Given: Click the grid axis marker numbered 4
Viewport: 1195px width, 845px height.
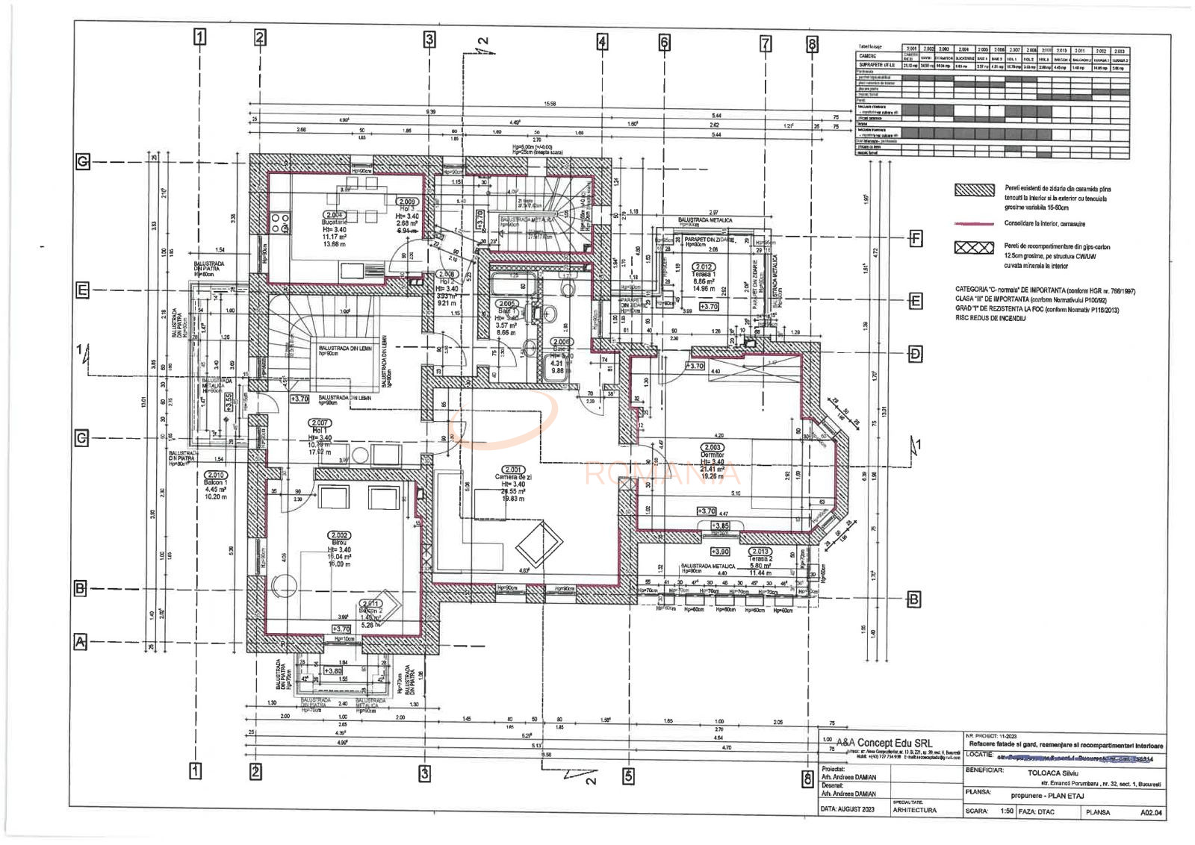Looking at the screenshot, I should click(x=602, y=42).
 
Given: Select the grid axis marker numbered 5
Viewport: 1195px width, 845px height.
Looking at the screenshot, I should click(x=628, y=776).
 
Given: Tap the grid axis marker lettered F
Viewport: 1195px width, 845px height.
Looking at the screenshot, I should click(x=916, y=239).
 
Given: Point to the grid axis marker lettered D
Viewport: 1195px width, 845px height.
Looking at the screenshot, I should click(x=916, y=354).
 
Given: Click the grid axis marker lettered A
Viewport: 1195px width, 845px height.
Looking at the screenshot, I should click(x=81, y=641).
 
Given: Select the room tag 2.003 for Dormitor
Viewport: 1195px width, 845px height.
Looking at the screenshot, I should click(x=712, y=447).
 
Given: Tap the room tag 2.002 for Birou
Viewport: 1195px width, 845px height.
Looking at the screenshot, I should click(x=339, y=535).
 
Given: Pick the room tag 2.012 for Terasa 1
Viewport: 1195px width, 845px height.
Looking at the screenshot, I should click(x=704, y=266).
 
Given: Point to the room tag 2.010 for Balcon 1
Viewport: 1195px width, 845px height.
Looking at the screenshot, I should click(x=215, y=475).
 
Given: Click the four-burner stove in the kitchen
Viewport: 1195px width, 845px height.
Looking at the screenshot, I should click(x=279, y=222).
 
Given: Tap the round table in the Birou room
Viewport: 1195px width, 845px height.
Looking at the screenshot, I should click(x=284, y=587).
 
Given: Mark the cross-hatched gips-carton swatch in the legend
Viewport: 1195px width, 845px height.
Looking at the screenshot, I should click(x=974, y=248).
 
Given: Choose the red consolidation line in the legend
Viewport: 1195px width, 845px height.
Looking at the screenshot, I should click(x=974, y=223).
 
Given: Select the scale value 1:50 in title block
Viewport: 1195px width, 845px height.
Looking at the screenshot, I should click(x=1007, y=811).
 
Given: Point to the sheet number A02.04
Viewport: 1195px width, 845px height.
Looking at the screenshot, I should click(x=1151, y=812).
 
